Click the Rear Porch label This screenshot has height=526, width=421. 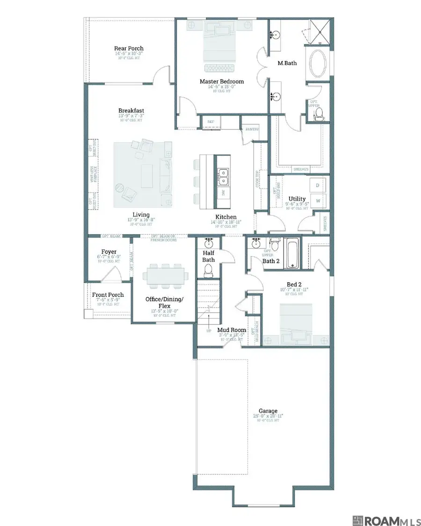point(129,48)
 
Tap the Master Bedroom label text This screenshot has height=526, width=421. point(221,81)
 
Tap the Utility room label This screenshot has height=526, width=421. point(297,199)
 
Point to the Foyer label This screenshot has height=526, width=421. point(109,252)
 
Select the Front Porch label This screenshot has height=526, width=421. point(108,295)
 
